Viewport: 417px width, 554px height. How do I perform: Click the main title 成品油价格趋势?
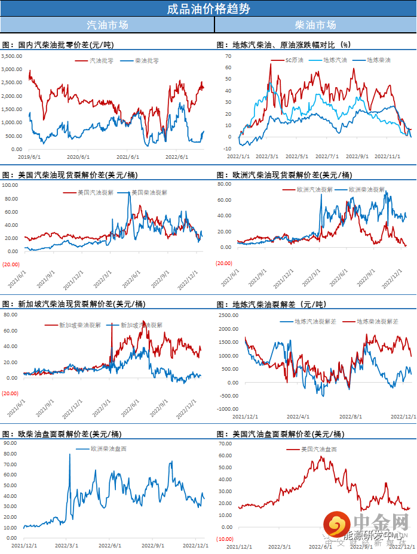208,9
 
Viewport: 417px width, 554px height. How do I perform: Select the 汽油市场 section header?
108,25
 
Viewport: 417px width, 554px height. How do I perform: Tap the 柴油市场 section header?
315,25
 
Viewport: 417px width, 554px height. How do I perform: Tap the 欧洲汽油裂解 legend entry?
314,189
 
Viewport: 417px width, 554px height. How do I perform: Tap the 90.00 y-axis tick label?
11,443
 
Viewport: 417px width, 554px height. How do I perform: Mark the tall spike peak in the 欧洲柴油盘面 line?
70,455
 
